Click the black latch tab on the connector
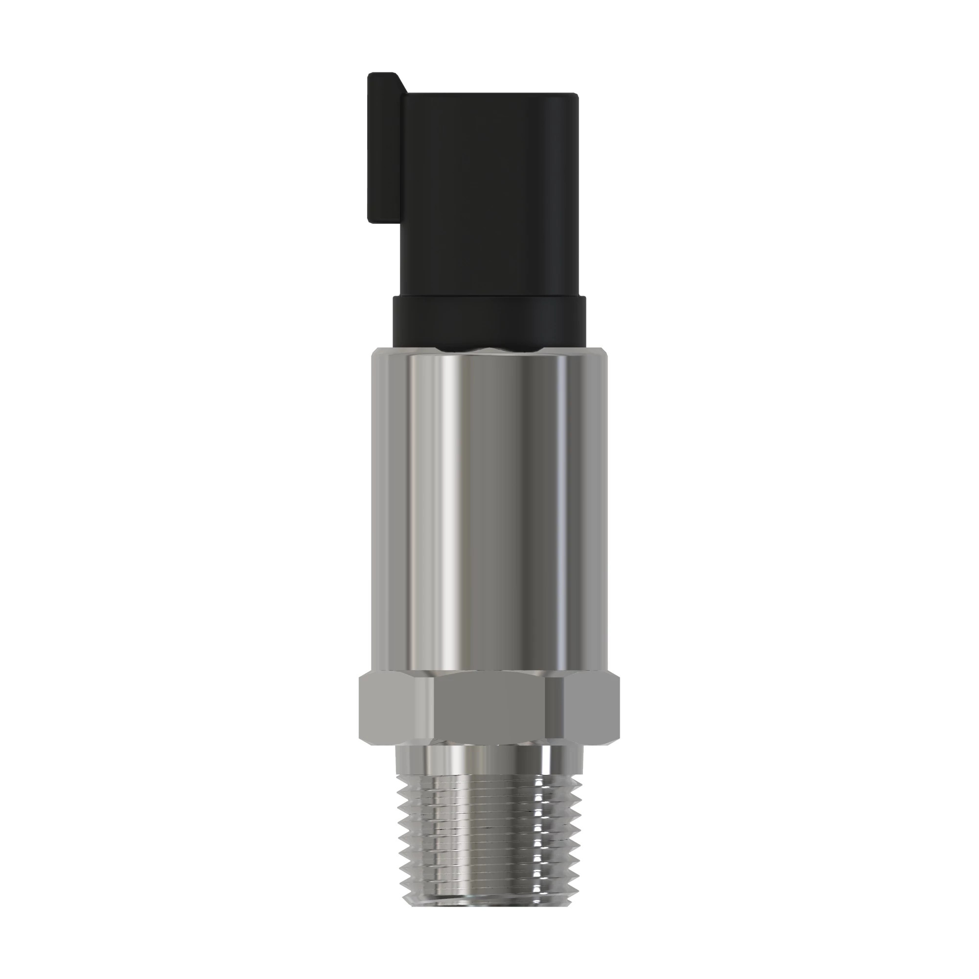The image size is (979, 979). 385,152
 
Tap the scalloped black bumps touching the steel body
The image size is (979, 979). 489,349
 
